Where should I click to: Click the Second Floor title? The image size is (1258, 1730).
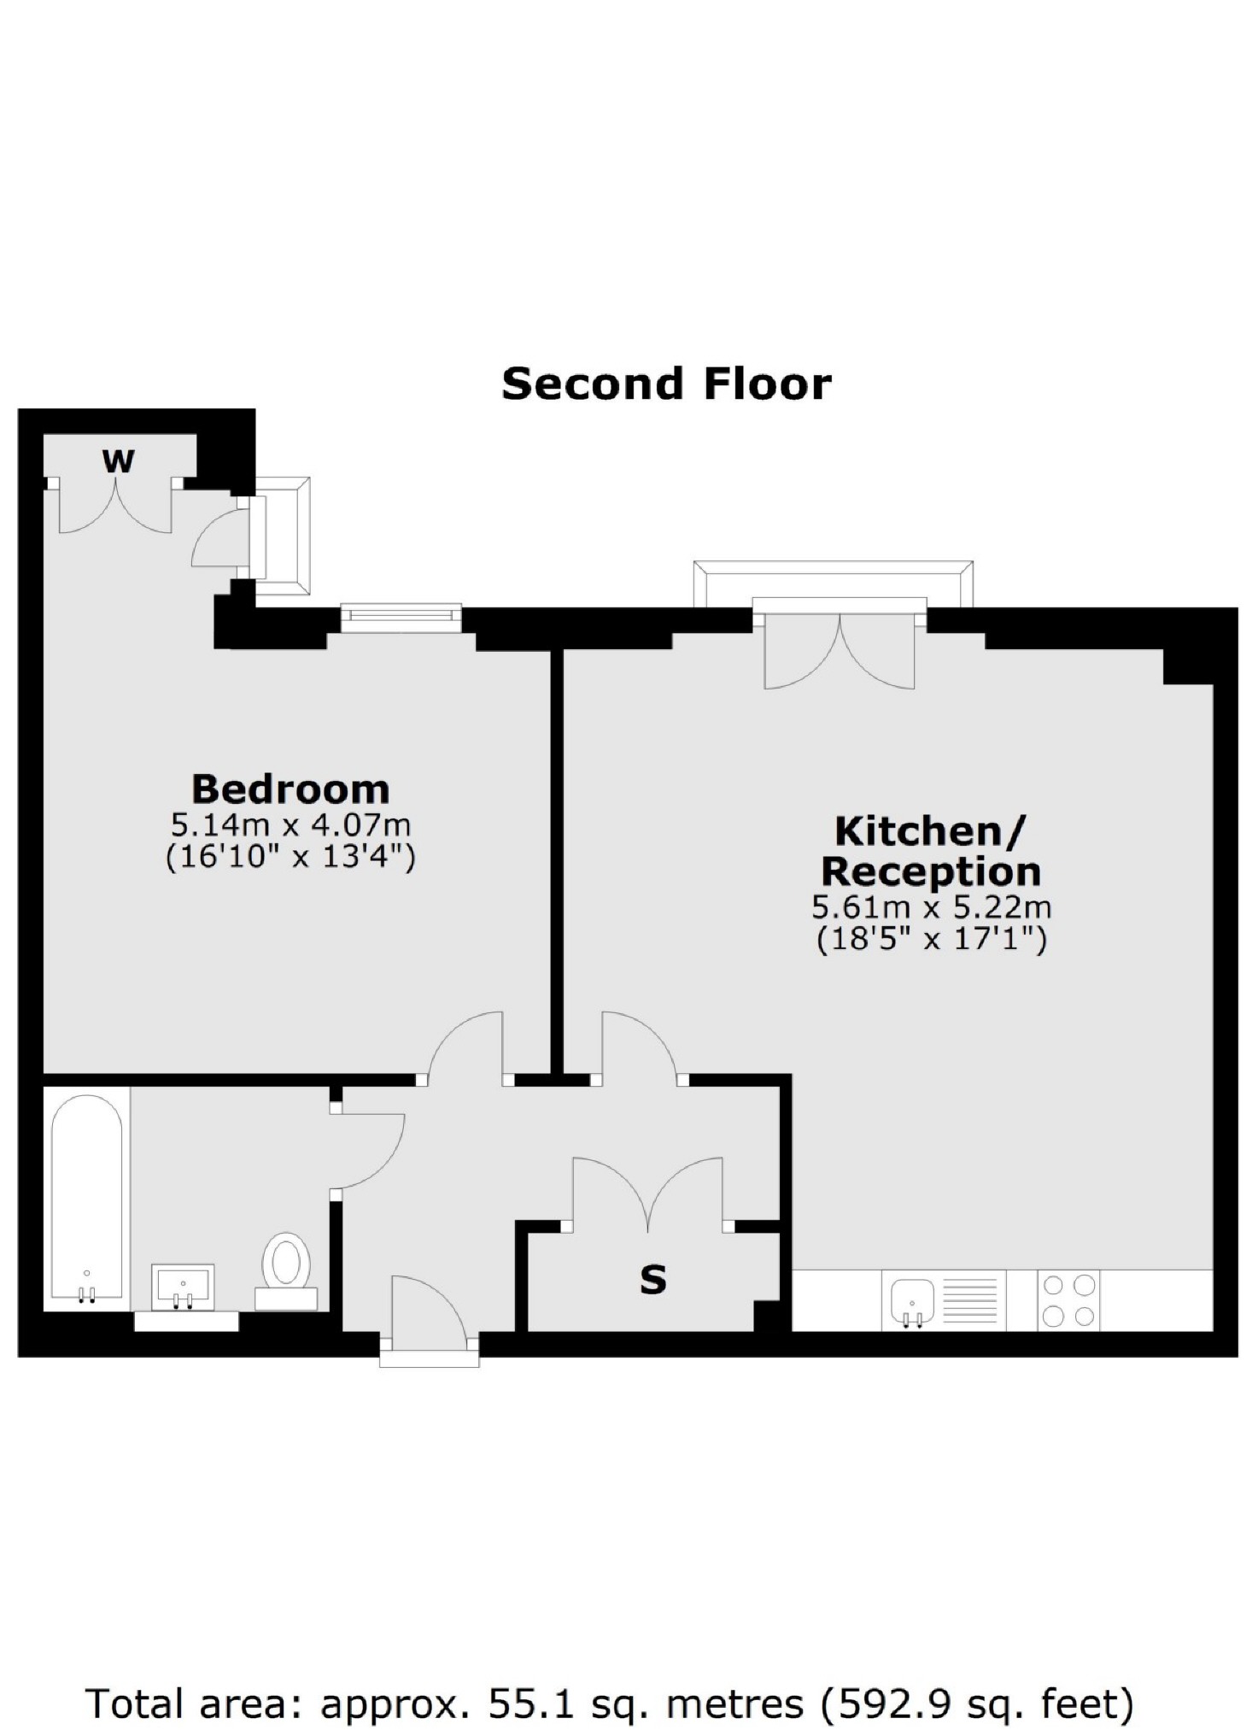(666, 384)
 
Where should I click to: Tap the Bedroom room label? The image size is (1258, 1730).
(290, 789)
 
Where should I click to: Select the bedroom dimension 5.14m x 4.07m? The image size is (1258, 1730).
(290, 825)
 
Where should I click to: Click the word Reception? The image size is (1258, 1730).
(931, 872)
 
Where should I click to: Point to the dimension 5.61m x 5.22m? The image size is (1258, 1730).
(931, 906)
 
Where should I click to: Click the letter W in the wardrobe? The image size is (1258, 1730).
(118, 461)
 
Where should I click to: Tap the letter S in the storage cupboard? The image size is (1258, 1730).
(653, 1280)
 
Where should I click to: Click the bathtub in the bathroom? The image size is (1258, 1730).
(86, 1199)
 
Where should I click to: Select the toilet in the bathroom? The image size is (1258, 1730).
(286, 1271)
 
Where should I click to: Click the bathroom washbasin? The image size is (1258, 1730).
(183, 1287)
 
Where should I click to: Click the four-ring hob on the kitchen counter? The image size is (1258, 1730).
(1068, 1300)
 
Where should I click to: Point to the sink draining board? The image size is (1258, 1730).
(969, 1300)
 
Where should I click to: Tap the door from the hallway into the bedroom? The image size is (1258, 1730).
(465, 1046)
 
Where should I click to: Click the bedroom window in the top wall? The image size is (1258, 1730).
(401, 619)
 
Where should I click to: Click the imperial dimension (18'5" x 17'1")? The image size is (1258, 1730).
(931, 939)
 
